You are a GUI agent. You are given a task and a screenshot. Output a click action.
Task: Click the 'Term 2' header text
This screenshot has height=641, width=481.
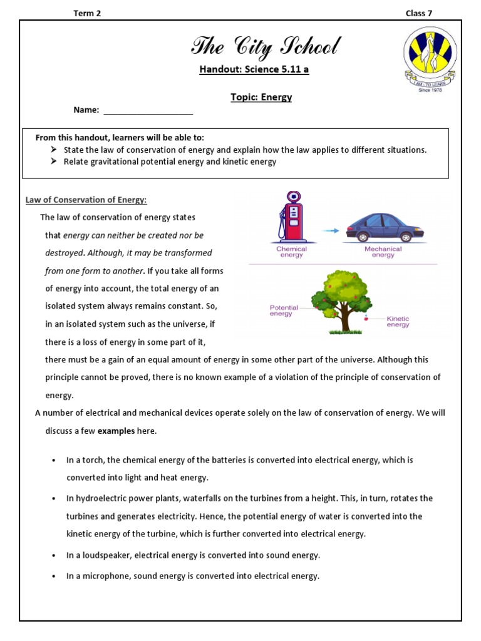coord(87,13)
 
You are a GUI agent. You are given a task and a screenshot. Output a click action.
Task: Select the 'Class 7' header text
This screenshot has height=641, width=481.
coord(418,13)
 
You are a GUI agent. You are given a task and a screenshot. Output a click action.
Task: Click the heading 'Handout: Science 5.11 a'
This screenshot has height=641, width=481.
coord(254,69)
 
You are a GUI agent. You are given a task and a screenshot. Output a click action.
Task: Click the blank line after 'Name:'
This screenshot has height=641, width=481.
coord(148,111)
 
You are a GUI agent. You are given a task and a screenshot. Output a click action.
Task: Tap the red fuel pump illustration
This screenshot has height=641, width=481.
coord(292,217)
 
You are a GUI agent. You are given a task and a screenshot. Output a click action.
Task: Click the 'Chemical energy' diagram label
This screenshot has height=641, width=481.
coord(292,252)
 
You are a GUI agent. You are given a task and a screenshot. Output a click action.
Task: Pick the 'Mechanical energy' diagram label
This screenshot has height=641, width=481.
coord(383,252)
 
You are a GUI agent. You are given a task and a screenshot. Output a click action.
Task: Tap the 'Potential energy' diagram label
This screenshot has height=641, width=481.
coord(283,310)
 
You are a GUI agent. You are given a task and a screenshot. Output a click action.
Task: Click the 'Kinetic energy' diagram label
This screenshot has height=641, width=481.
coord(398,321)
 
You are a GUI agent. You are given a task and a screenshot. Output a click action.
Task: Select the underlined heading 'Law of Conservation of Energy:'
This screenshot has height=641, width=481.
coord(86,200)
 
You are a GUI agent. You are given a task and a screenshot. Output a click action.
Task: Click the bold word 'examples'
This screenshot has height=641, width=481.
coord(116,431)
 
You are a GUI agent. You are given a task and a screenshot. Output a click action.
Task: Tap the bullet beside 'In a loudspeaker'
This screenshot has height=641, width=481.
coord(54,556)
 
